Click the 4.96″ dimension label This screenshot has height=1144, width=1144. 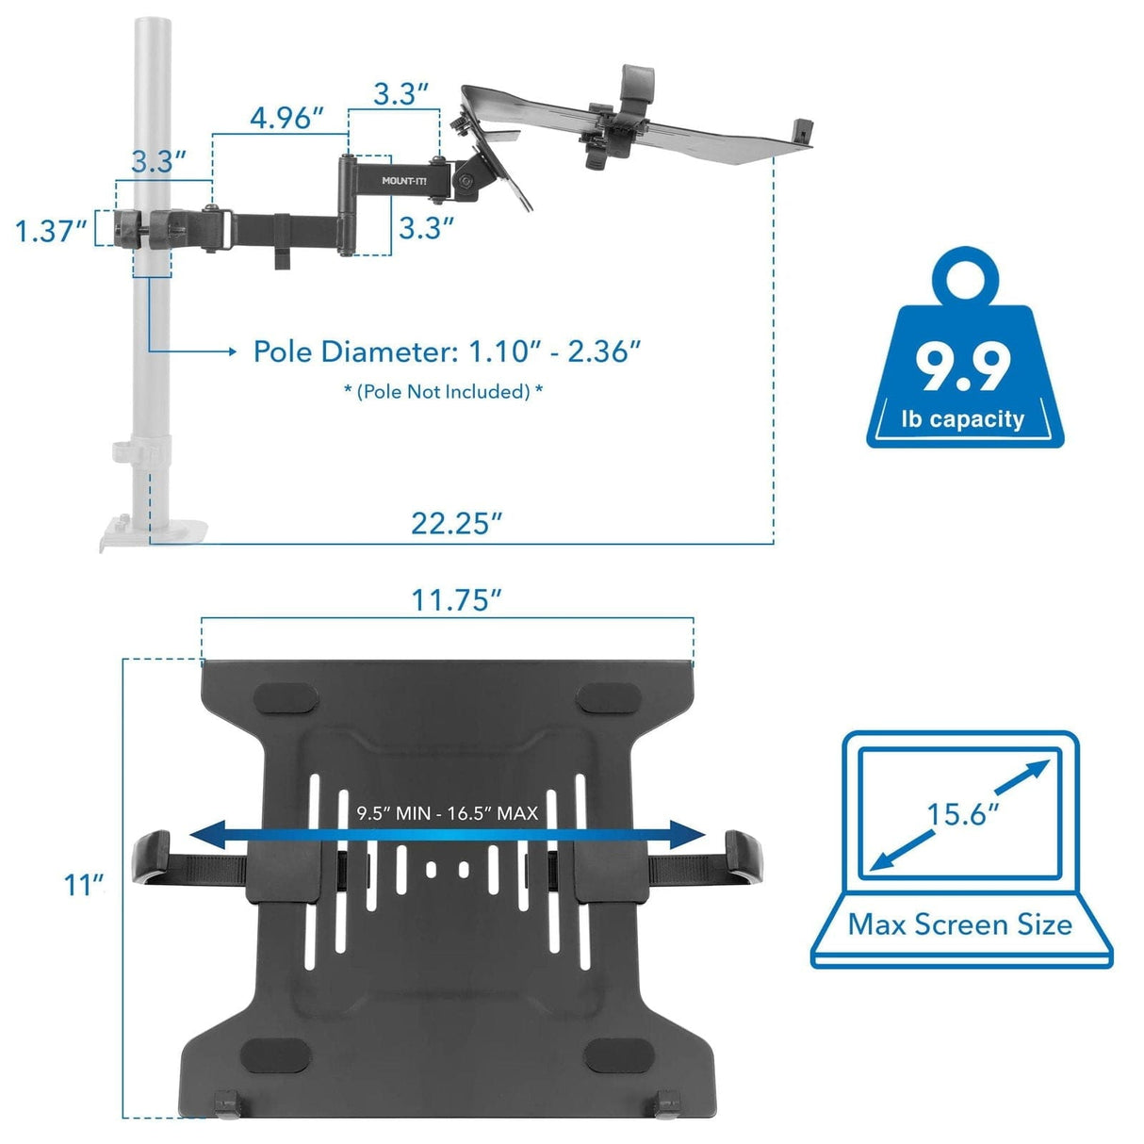point(286,119)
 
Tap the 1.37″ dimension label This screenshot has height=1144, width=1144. point(52,230)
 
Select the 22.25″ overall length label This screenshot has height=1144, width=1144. point(456,523)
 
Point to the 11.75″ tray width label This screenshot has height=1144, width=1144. point(456,599)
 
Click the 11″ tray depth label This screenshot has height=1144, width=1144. point(84,885)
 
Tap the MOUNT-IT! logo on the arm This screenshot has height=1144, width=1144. point(403,180)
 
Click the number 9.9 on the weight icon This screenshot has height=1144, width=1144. point(964,367)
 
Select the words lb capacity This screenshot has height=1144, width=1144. point(962,418)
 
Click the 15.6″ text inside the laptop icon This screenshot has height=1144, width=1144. point(962,812)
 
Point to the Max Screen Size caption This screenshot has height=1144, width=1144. point(960,924)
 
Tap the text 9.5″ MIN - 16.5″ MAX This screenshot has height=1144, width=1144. point(447,812)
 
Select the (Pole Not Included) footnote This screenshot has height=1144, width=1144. point(443,391)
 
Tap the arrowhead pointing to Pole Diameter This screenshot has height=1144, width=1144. point(231,351)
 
